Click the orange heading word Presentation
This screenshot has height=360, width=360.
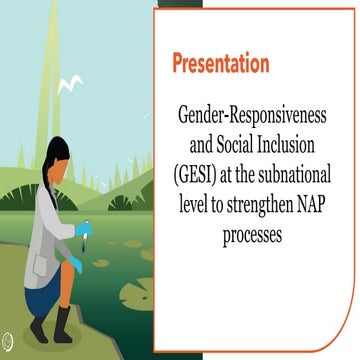[221, 64]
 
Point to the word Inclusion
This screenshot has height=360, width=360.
[288, 138]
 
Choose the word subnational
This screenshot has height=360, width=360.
[296, 164]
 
